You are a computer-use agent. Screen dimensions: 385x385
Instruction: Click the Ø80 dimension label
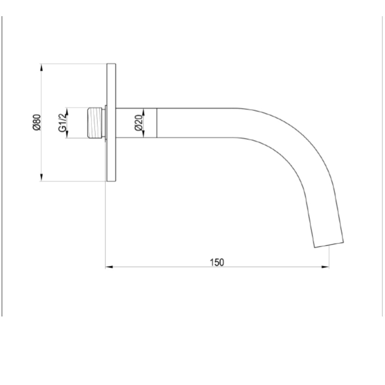coord(36,122)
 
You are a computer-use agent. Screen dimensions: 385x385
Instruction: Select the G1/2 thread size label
coord(62,123)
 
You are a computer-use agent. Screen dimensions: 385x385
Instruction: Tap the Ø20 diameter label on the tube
coord(139,123)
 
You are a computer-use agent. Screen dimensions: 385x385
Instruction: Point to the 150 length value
coord(217,262)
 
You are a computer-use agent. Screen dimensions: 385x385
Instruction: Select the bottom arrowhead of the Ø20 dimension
coord(143,134)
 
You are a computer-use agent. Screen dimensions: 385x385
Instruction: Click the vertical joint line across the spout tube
coord(156,123)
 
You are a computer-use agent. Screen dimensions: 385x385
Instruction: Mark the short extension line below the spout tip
coord(329,256)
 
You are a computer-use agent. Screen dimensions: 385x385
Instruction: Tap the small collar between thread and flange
coord(104,123)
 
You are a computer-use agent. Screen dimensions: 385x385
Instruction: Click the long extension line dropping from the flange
coord(105,223)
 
